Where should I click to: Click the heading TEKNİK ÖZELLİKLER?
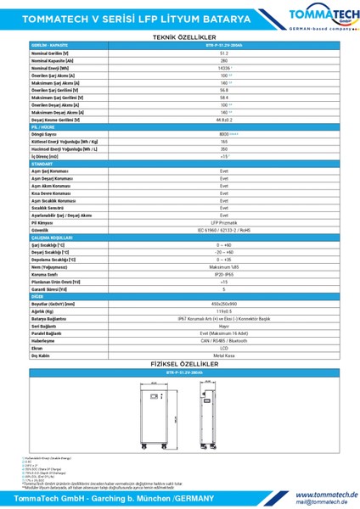(x=180, y=38)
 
